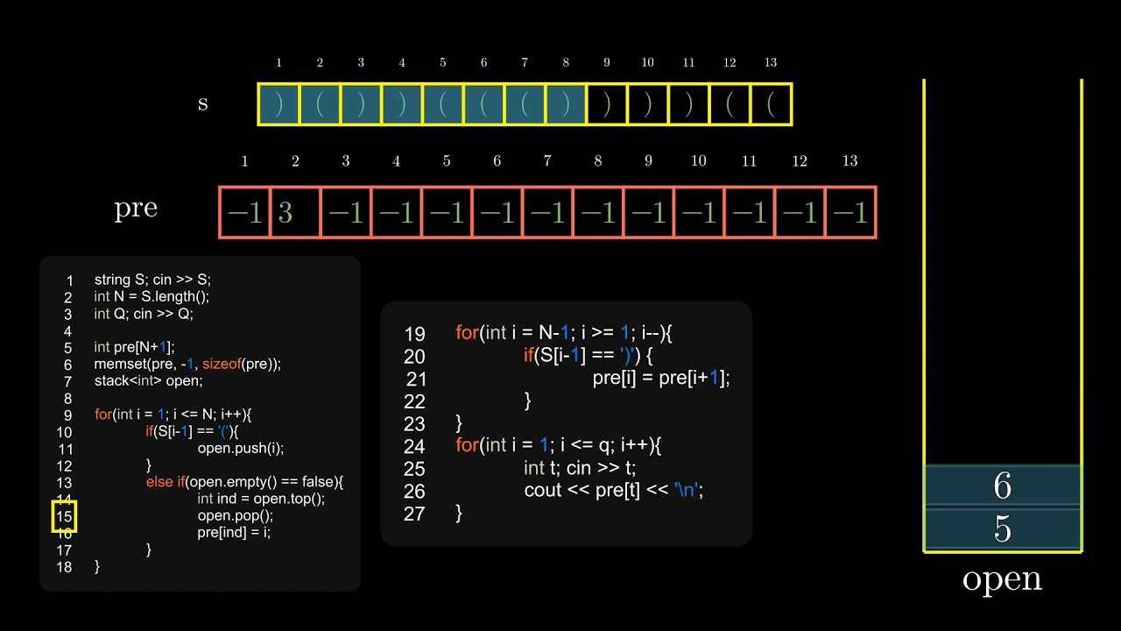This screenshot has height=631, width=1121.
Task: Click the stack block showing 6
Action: coord(1003,486)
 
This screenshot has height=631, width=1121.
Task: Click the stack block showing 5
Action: coord(1003,529)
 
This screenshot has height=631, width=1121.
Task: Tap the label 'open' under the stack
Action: coord(1003,579)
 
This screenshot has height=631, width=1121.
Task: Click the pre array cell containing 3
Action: coord(295,213)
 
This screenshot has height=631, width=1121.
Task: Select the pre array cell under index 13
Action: coord(850,213)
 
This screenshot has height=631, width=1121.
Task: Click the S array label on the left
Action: coord(203,103)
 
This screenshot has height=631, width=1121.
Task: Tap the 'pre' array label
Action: coord(136,209)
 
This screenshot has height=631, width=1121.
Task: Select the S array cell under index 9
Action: coord(607,104)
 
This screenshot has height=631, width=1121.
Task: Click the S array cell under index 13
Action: coord(771,104)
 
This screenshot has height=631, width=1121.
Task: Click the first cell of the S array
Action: coord(279,104)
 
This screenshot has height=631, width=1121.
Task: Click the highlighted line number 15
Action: coord(64,517)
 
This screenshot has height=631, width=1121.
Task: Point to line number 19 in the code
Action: coord(414,334)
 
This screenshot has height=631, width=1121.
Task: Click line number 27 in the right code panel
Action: coord(414,514)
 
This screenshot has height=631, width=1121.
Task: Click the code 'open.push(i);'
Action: coord(241,448)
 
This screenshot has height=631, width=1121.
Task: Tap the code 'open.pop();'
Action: coord(236,515)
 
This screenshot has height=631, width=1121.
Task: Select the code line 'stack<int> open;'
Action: coord(148,380)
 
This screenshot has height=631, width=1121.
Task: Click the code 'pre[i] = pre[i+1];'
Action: coord(661,378)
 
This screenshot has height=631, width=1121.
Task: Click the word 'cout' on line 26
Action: coord(542,490)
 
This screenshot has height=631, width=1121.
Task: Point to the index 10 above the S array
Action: coord(647,62)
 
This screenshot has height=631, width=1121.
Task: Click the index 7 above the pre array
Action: coord(547,161)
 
